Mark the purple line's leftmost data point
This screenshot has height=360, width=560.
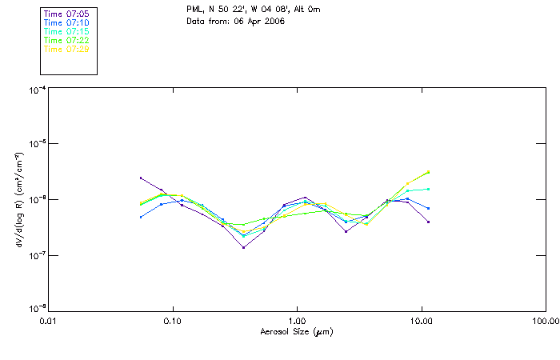tap(141, 178)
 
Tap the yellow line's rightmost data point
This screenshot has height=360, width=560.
tap(429, 172)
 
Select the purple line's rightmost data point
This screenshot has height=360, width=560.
tap(429, 222)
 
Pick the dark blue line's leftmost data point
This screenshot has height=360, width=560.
tap(141, 217)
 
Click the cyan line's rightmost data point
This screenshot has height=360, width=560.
tap(429, 189)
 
